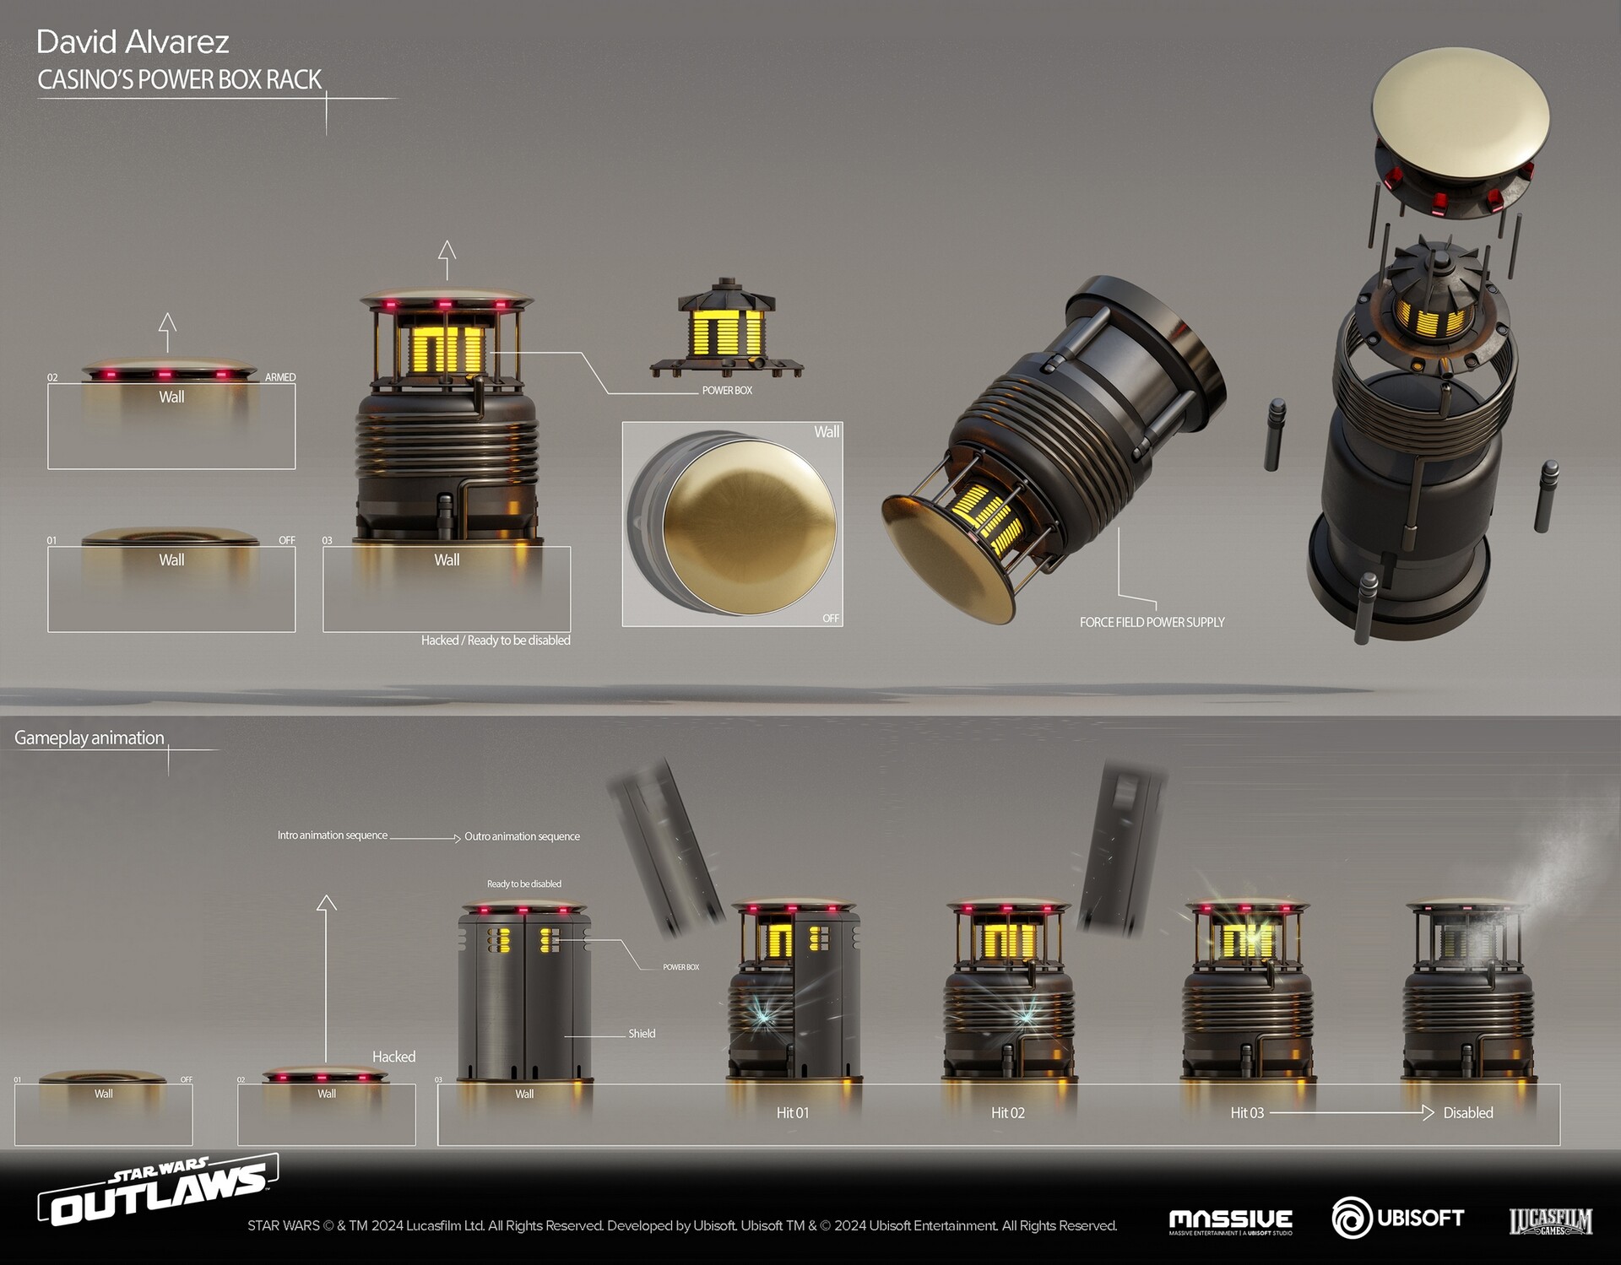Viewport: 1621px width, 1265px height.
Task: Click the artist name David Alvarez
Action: (x=133, y=42)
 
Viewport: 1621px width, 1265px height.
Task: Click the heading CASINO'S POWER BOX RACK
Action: (x=179, y=80)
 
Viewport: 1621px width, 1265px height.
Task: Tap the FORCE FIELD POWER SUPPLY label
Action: (x=1152, y=622)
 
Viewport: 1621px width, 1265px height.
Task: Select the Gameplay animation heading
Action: (x=89, y=738)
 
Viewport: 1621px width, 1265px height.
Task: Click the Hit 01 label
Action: (x=792, y=1113)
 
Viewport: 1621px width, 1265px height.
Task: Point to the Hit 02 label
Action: (x=1007, y=1113)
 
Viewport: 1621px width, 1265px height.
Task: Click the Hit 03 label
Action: (x=1246, y=1113)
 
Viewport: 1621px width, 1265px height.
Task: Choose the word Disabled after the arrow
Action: (x=1467, y=1113)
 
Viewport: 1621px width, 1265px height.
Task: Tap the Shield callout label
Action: (x=642, y=1034)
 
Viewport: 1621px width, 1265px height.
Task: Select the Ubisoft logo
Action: (x=1397, y=1219)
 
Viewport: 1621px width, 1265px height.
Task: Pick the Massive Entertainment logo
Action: (x=1230, y=1221)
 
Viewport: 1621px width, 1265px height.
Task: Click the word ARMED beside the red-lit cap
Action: (x=280, y=377)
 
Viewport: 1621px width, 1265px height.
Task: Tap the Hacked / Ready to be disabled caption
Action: (x=496, y=641)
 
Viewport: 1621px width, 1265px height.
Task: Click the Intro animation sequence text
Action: (x=333, y=835)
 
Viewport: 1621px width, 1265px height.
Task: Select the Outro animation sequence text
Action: (x=522, y=836)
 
